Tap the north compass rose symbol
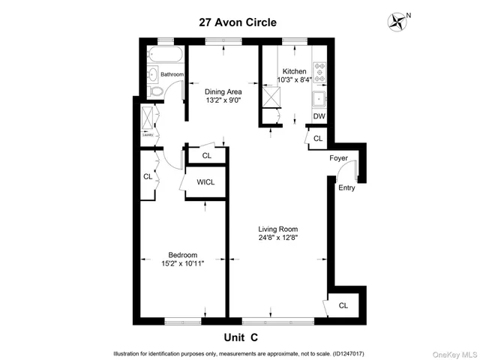pos(397,22)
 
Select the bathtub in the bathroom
pos(166,55)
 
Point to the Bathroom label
pos(172,74)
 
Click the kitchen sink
pos(320,97)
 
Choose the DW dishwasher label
pos(319,116)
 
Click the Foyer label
pos(338,158)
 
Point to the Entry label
pos(346,187)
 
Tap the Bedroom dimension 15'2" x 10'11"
pos(183,263)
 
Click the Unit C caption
pos(241,337)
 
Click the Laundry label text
pos(147,135)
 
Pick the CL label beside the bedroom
pos(147,177)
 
